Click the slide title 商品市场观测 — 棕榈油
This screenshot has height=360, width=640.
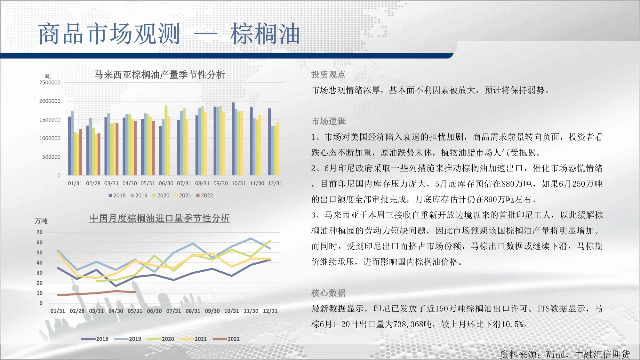tap(169, 34)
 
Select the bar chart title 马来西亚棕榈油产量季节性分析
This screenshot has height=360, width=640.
tap(160, 75)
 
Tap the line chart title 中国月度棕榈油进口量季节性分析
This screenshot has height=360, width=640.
tap(160, 218)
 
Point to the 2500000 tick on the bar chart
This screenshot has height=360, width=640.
tap(50, 83)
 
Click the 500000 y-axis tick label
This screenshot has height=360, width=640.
tap(51, 157)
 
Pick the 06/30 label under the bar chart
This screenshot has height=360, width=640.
tap(166, 183)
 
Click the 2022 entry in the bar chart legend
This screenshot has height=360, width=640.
tap(204, 196)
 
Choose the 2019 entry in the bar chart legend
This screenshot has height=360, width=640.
tap(139, 196)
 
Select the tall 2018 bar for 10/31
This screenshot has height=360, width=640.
tap(233, 139)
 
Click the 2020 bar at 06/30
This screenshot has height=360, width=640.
tap(166, 140)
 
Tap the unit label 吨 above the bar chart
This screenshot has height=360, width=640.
tap(48, 76)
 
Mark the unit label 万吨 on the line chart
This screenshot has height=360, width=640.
tap(41, 221)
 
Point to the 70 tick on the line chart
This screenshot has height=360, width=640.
tap(39, 232)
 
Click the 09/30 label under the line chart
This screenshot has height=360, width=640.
tap(212, 311)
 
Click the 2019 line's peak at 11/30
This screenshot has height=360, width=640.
tap(251, 238)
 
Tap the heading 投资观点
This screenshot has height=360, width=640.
tap(328, 75)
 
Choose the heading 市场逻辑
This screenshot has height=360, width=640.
tap(328, 121)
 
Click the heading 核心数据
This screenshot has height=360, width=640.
tap(328, 293)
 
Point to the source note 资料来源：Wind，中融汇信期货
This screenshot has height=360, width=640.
tap(565, 354)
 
